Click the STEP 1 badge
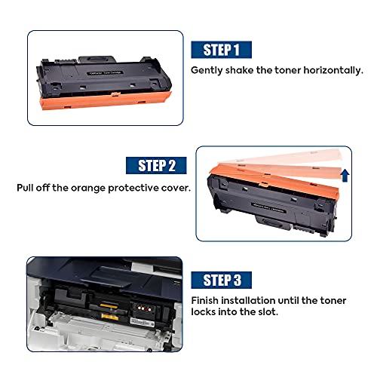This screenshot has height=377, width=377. (x=221, y=50)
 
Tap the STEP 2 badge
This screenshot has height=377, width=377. (x=156, y=165)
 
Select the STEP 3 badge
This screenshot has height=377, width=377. (x=221, y=280)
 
